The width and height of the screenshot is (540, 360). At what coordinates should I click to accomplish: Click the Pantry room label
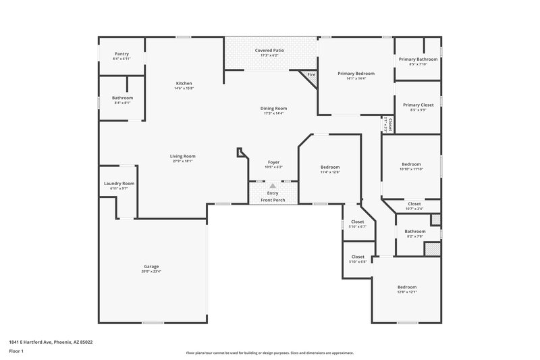[122, 54]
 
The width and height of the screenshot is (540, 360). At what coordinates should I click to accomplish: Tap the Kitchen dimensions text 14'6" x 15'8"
[184, 88]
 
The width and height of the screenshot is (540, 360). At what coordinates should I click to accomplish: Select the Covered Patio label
[269, 50]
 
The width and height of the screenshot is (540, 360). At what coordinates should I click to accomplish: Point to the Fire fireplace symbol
[311, 75]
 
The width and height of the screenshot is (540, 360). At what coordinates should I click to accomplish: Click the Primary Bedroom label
[356, 73]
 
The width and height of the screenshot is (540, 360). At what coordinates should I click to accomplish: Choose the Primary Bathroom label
[418, 59]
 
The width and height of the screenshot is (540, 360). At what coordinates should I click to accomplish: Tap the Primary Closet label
[418, 105]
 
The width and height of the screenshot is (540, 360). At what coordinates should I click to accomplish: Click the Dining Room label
[274, 108]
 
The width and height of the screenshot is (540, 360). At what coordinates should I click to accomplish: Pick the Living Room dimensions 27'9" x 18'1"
[183, 161]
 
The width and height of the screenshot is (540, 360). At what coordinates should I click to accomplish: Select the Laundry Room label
[119, 183]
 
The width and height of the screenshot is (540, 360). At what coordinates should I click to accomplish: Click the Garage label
[151, 266]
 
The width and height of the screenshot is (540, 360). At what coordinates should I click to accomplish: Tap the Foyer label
[273, 162]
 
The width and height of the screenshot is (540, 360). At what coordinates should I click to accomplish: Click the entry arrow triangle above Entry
[273, 186]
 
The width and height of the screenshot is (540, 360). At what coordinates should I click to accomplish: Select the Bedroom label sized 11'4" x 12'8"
[330, 167]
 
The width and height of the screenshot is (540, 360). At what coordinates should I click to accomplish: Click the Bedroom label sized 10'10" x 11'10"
[411, 163]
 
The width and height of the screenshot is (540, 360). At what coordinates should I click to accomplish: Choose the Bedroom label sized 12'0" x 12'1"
[407, 286]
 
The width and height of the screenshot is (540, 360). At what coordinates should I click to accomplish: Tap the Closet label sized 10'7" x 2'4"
[414, 203]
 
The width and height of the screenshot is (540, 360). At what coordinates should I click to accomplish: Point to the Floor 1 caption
[16, 352]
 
